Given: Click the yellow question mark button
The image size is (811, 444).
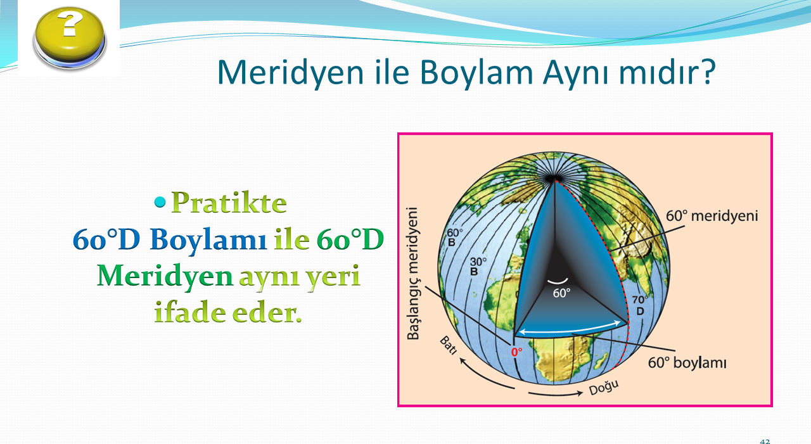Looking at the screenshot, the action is coord(70,38).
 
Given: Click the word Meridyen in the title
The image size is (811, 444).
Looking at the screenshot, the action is coord(290,72).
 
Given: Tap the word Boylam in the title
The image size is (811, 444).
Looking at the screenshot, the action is coord(476,72).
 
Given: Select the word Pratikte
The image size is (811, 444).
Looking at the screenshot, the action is coord(229,203).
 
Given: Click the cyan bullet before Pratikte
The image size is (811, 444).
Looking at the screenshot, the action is coord(160,202).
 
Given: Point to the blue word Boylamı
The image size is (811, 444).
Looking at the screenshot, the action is coord(208,240).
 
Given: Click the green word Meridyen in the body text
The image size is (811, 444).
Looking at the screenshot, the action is coord(165,276).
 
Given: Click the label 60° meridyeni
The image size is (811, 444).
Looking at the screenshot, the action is coord(712,216).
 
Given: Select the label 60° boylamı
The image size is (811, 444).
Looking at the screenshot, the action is coord(687,362).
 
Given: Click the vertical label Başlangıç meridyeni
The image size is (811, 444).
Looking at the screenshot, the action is coord(412,274).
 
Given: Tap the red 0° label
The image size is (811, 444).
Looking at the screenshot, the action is coord(516,352).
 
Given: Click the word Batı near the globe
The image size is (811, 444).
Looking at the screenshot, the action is coord(448,345).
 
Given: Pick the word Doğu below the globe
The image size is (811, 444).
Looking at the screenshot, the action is coord(604,388).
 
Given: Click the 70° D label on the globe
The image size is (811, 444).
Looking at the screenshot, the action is coord(640,305).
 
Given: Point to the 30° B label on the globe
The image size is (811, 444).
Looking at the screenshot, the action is coord(478,266).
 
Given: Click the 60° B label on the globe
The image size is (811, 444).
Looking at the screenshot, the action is coord(454,238).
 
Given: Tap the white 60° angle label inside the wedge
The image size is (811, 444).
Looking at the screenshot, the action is coord(561,293).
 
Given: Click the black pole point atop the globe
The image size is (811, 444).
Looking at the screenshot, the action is coord(553,179).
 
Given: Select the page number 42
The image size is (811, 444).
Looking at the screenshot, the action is coord(765,441).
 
